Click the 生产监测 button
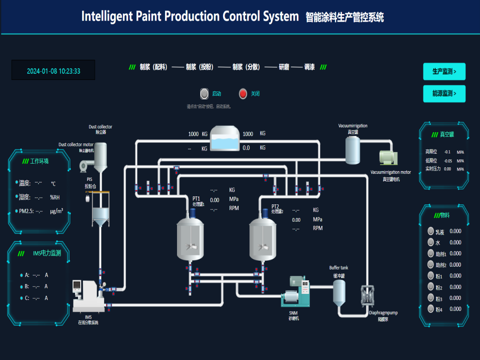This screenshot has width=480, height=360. [444, 72]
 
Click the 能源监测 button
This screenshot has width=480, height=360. [444, 94]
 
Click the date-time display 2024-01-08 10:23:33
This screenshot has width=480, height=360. [53, 71]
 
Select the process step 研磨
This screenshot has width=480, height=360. [284, 67]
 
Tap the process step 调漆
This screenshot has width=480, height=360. [309, 67]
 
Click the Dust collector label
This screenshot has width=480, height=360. [100, 127]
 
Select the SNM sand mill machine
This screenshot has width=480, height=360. [296, 293]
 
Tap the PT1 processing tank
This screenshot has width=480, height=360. [191, 239]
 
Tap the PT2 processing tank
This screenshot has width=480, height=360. [263, 239]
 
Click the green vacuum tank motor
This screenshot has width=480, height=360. [388, 158]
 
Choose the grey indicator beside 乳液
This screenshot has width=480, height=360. [431, 231]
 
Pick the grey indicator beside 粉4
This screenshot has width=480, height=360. [431, 309]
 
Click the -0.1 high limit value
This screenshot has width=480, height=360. [447, 152]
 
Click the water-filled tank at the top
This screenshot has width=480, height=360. [225, 139]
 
